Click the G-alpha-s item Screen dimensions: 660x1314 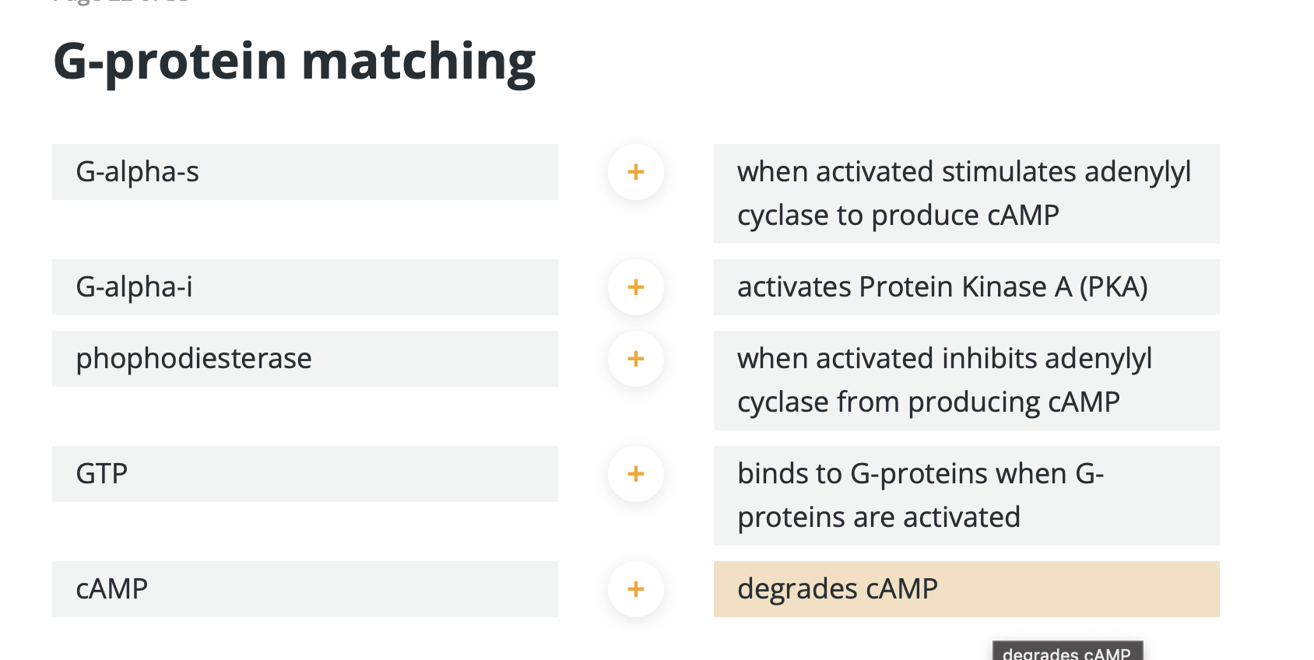click(x=304, y=172)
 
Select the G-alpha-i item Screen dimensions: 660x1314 click(x=304, y=287)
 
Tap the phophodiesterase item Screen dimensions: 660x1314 click(x=304, y=359)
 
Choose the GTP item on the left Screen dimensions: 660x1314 click(x=304, y=474)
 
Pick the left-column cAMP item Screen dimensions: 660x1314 click(x=304, y=589)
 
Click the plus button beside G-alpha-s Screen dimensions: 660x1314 click(x=636, y=172)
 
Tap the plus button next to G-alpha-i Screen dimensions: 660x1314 click(x=636, y=287)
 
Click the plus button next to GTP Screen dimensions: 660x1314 click(x=636, y=474)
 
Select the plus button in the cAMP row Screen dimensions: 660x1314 click(x=636, y=589)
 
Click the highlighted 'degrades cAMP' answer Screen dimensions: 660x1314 click(x=965, y=589)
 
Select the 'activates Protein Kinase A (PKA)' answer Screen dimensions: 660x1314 click(x=965, y=287)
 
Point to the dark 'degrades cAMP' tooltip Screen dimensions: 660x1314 click(x=1066, y=652)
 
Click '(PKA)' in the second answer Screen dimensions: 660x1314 click(x=1113, y=287)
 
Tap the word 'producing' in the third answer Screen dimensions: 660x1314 click(x=973, y=402)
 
